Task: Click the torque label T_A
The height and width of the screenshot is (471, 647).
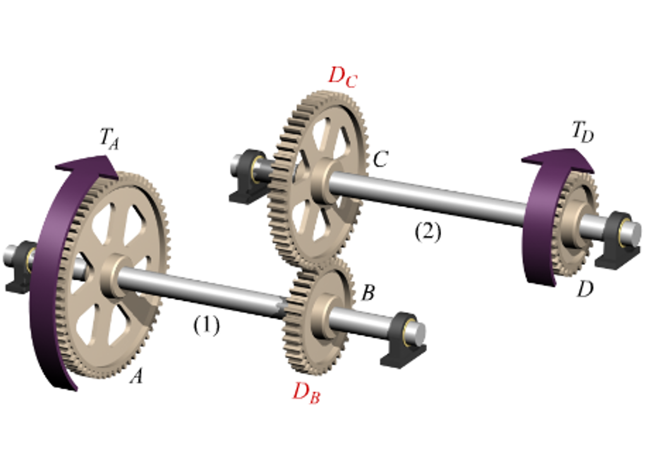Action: tap(109, 138)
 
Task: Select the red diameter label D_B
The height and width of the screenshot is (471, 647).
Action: tap(306, 393)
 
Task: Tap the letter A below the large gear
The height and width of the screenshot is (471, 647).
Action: tap(135, 377)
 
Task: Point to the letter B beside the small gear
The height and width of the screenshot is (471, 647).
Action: tap(368, 293)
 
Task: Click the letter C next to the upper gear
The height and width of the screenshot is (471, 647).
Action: tap(380, 160)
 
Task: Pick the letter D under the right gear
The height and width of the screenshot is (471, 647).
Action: tap(586, 290)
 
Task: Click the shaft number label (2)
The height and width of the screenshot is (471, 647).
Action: tap(428, 233)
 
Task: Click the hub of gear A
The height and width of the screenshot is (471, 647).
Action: tap(114, 274)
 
